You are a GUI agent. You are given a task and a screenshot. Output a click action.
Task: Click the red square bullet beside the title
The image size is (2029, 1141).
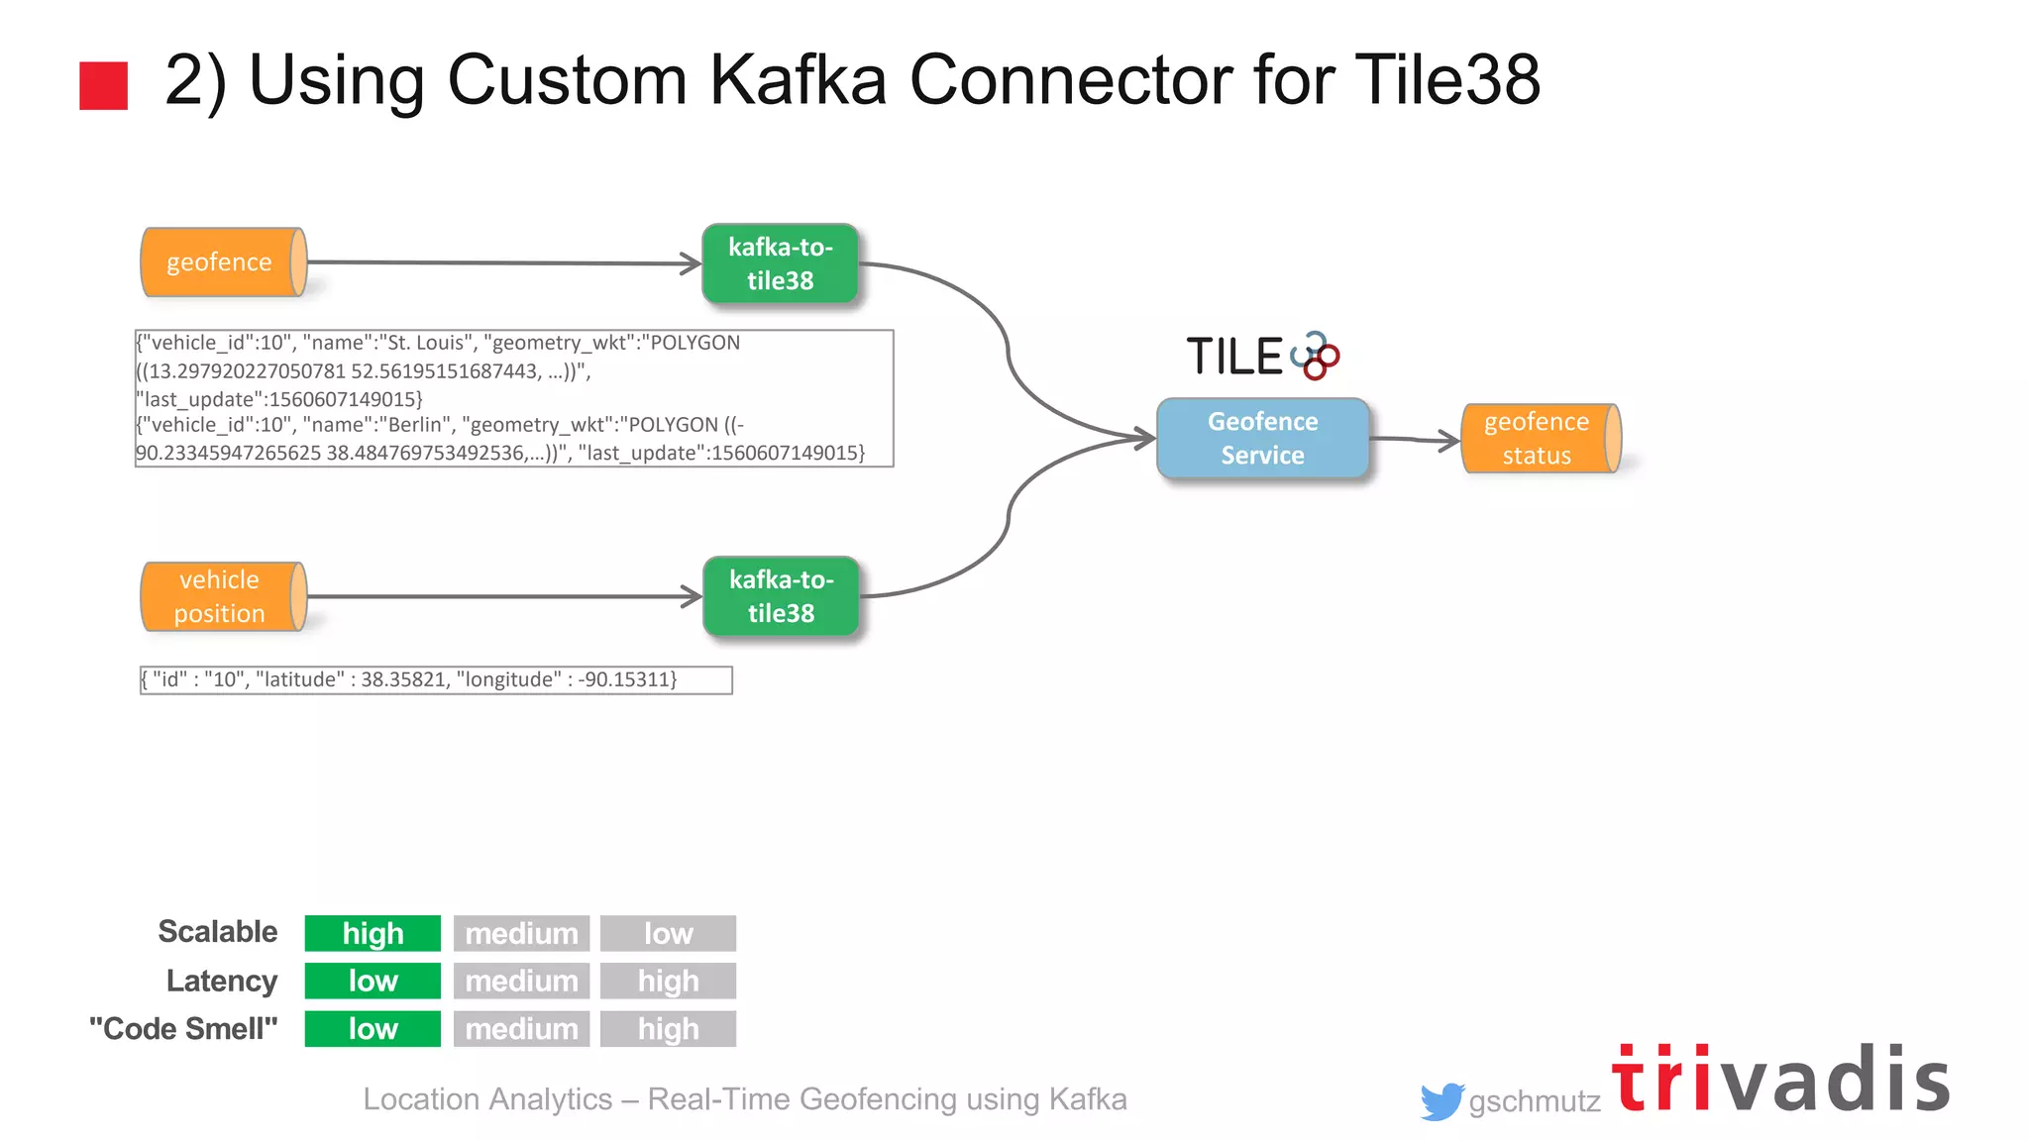[104, 85]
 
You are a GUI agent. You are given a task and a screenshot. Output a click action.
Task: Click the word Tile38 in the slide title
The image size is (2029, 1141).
[1446, 79]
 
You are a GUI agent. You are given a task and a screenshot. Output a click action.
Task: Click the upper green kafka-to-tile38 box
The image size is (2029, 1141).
[781, 263]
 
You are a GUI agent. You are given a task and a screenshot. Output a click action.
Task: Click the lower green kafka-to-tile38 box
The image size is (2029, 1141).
[781, 596]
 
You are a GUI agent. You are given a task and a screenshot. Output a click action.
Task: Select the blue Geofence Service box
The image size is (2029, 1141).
[1262, 438]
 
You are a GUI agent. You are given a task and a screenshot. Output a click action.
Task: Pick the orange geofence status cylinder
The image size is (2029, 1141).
[1540, 438]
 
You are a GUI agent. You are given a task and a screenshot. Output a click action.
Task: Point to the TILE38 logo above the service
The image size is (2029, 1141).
[1262, 356]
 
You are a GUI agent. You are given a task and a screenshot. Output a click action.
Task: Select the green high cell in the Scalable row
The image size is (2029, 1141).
[373, 933]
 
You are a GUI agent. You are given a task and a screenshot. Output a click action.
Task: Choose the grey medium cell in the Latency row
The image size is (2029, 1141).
[521, 981]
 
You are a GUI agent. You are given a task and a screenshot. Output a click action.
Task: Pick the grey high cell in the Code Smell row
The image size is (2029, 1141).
[668, 1028]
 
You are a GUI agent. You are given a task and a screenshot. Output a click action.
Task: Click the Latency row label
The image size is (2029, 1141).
[222, 981]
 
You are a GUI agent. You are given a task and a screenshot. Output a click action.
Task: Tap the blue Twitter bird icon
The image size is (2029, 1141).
[1441, 1100]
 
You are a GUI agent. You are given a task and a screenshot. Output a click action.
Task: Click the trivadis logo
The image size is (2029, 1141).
[1780, 1080]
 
